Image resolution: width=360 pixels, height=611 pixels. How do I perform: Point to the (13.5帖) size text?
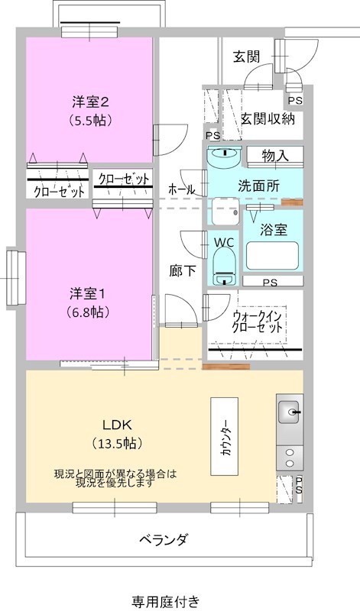[x=118, y=443]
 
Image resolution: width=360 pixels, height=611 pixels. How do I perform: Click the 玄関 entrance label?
[x=246, y=56]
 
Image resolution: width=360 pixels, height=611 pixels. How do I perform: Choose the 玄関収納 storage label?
[x=267, y=118]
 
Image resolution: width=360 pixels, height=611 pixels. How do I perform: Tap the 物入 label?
[x=274, y=156]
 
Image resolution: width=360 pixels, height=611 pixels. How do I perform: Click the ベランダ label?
[x=164, y=540]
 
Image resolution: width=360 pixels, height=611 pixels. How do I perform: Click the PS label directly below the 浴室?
[x=269, y=283]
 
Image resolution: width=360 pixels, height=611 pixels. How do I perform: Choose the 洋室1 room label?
[x=86, y=294]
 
